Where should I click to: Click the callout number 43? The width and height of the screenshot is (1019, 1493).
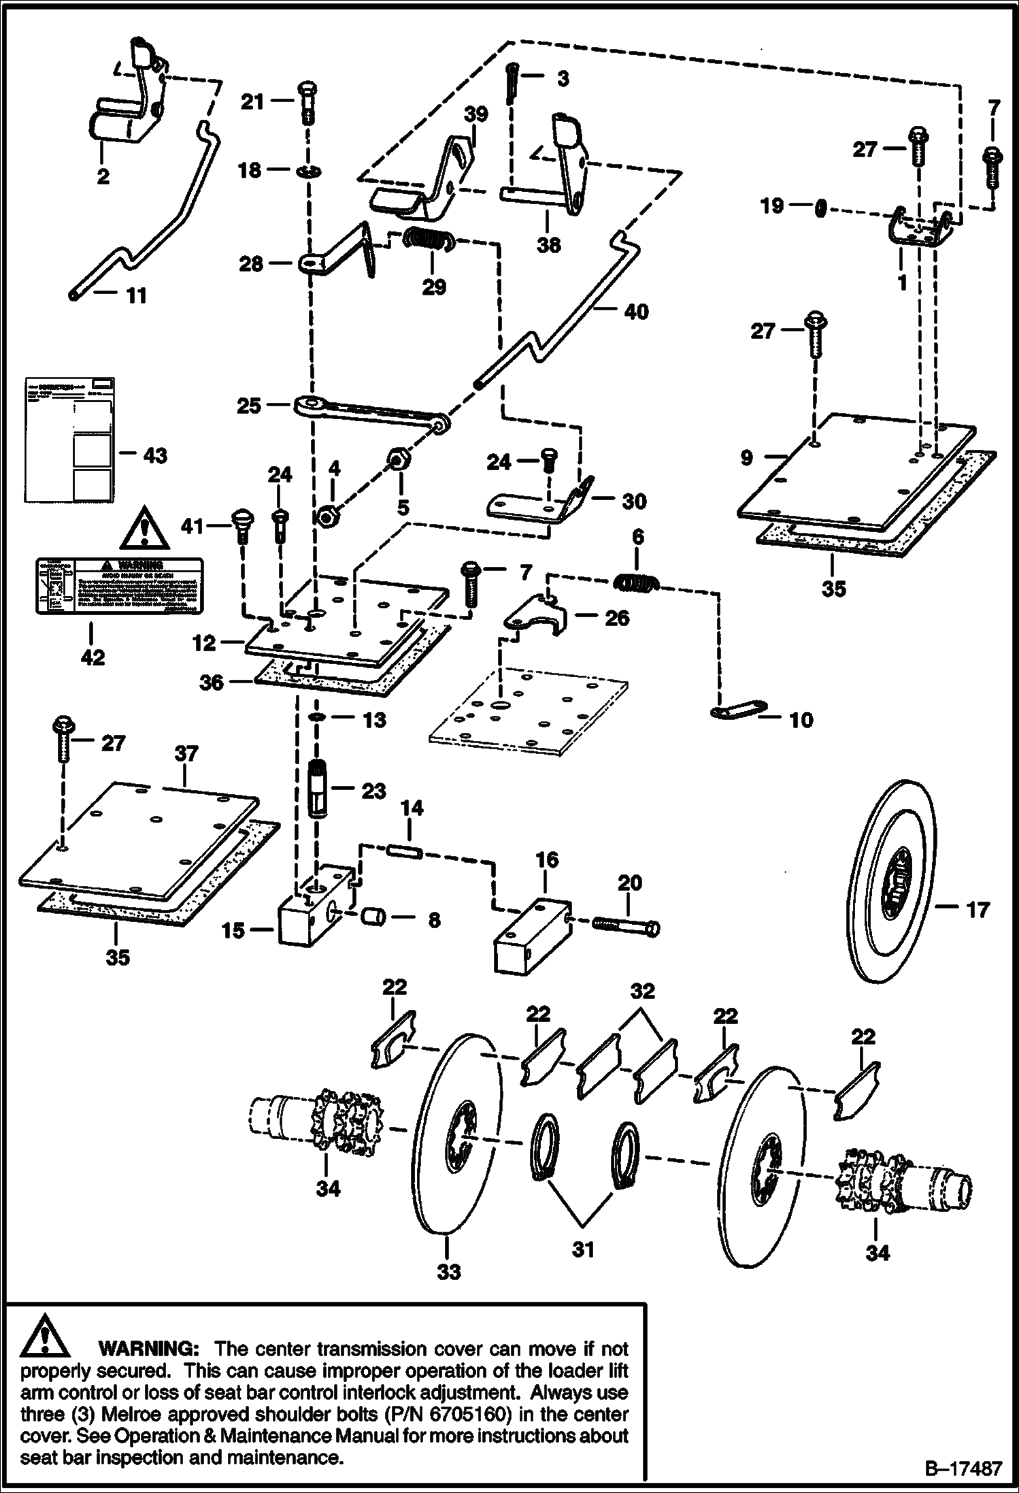(155, 455)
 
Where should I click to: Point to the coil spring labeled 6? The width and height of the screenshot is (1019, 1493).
(637, 583)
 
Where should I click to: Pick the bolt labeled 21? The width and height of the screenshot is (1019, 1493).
(305, 102)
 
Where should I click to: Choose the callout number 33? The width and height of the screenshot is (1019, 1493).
(448, 1270)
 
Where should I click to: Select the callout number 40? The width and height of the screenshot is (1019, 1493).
(635, 312)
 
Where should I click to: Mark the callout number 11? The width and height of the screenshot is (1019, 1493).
(137, 296)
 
